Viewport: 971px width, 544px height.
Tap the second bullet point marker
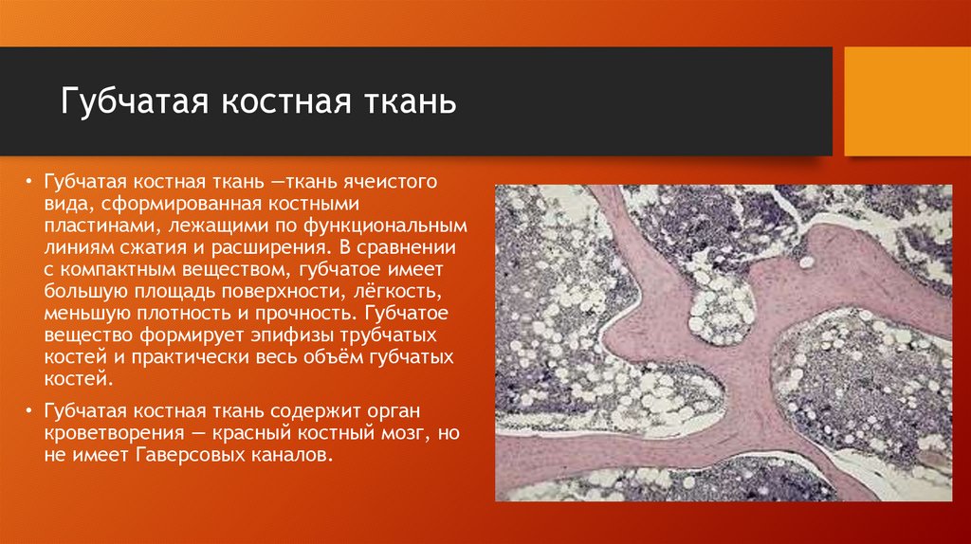pos(29,412)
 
